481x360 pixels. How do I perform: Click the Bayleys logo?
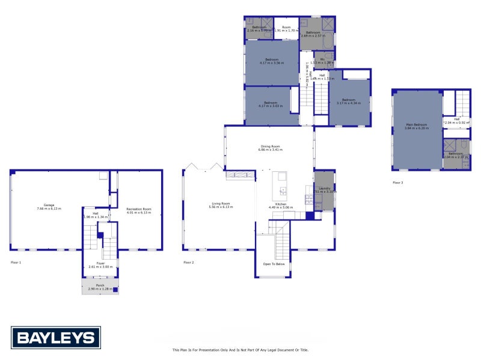[56, 338]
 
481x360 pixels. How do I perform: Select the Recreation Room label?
[139, 208]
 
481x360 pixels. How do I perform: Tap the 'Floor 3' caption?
[397, 182]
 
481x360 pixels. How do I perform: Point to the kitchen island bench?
[280, 186]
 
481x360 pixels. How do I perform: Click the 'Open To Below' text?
[274, 264]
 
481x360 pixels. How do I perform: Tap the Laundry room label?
[325, 188]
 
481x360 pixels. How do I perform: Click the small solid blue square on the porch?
[115, 290]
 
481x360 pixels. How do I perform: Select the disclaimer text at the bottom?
[240, 350]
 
